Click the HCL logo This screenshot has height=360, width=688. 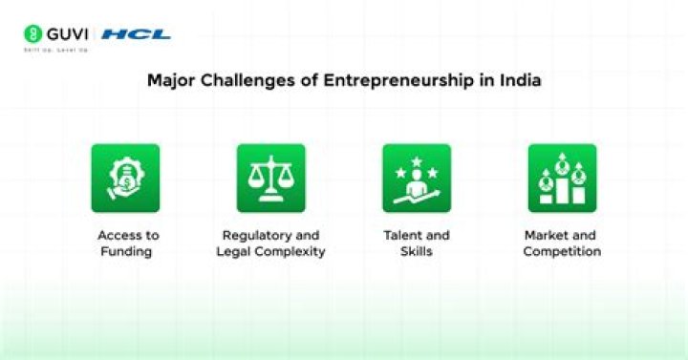(x=136, y=34)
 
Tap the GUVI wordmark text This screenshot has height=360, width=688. (x=68, y=33)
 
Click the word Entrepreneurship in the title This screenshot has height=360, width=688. (x=397, y=80)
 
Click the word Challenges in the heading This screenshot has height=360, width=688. (x=242, y=80)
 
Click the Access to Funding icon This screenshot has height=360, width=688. (x=125, y=178)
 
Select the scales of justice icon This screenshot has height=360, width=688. (x=271, y=178)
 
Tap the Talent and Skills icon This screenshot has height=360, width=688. (x=417, y=178)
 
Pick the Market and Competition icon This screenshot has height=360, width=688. (x=562, y=178)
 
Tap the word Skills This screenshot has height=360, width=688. (x=417, y=252)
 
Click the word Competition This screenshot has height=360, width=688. (x=562, y=252)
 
